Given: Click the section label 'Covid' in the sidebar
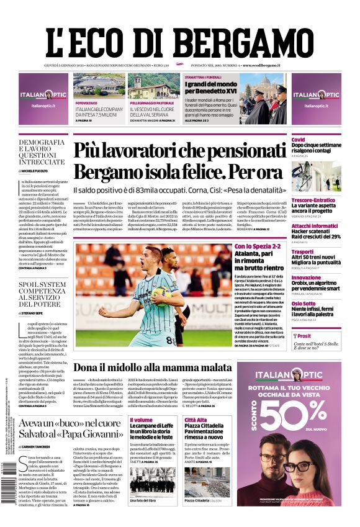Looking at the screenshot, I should coord(299,140).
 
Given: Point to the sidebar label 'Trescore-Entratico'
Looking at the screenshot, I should coord(313,200).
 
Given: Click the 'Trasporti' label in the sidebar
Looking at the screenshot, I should coord(303,252).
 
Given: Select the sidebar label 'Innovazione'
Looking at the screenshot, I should coord(307,277).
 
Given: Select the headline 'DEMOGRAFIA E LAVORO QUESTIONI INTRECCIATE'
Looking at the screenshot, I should coord(42,152).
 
